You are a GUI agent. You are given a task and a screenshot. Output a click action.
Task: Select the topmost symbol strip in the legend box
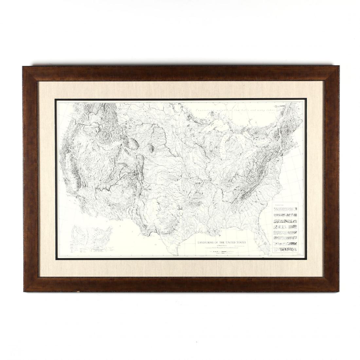click(285, 209)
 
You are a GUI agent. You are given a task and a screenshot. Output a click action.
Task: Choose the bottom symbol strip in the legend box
click(285, 249)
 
